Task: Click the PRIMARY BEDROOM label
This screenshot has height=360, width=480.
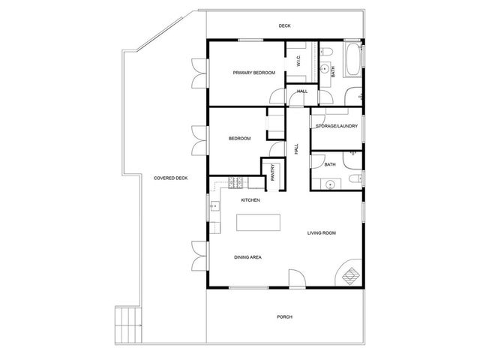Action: (x=253, y=73)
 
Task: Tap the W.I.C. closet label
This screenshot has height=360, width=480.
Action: (x=298, y=61)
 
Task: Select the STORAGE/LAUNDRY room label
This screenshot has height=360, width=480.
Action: (x=336, y=126)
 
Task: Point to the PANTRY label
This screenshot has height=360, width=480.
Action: (x=272, y=172)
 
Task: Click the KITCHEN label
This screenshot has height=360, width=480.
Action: (x=250, y=200)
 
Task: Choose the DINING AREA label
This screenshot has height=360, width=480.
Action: (x=247, y=257)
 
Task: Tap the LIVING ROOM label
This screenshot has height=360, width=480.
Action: (x=321, y=233)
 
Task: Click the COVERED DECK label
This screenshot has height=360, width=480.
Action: (x=170, y=178)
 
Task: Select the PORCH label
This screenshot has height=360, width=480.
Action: (x=284, y=316)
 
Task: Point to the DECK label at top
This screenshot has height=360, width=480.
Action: (x=284, y=26)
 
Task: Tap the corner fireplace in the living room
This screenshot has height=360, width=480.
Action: (x=349, y=275)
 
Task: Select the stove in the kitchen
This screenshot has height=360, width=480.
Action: (x=236, y=181)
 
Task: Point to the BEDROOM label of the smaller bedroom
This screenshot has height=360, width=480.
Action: (x=239, y=139)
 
